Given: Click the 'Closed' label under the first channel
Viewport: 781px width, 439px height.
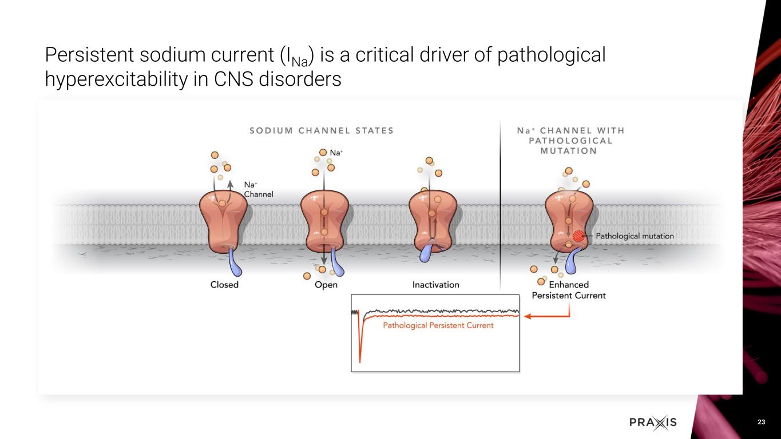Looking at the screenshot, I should [224, 285].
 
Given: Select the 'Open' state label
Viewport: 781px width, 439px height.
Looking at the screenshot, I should [326, 285].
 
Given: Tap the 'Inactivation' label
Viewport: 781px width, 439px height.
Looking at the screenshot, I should [435, 285].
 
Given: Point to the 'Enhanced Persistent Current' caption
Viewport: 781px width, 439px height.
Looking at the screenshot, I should [569, 290].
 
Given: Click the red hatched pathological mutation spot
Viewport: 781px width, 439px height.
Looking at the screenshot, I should [579, 236].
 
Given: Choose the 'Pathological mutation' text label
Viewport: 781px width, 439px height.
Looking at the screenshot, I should [635, 236].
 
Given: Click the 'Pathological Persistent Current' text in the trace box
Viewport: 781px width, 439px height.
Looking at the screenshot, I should [438, 326].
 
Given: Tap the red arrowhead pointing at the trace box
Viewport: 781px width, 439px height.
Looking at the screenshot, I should [528, 316].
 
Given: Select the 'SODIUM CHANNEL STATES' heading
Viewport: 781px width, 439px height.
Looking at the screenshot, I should [322, 130].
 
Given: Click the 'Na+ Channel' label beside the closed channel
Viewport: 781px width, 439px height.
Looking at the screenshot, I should [259, 189].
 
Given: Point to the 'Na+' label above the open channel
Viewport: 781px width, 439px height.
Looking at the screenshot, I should [337, 153].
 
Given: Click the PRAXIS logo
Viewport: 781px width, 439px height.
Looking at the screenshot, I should [653, 422].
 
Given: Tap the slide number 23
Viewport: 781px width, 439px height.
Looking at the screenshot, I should [761, 422].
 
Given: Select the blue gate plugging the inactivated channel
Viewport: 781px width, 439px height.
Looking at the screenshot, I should [429, 251].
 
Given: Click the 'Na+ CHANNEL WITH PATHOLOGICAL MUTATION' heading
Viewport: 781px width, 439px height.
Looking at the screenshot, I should [570, 141].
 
